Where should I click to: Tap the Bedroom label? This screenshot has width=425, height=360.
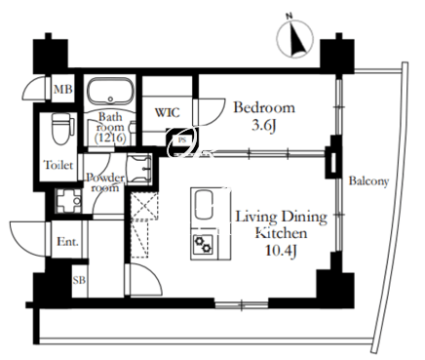point(264,107)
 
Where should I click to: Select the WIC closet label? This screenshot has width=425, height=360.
point(167,113)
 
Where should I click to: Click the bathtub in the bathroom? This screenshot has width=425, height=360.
point(111,91)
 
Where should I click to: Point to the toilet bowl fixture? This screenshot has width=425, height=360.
point(60,130)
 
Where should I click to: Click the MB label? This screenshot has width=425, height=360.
point(62,89)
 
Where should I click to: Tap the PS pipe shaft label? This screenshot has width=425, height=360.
point(182,140)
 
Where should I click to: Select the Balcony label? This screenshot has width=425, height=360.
point(368,181)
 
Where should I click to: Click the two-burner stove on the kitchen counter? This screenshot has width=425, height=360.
point(203,244)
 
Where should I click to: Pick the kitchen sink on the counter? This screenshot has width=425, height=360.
point(204,205)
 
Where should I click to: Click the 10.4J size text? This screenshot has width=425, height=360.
point(282,251)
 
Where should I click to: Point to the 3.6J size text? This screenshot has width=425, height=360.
point(264,125)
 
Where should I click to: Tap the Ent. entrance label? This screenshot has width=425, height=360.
point(67,242)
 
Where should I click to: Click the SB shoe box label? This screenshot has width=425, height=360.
point(79,280)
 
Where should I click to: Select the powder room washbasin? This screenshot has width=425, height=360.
point(138,170)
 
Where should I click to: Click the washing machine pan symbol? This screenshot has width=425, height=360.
point(68,201)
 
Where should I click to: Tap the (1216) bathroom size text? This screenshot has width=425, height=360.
point(110,139)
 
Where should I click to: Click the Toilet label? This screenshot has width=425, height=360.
point(58,165)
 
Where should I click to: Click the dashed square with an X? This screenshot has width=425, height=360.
point(144,206)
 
